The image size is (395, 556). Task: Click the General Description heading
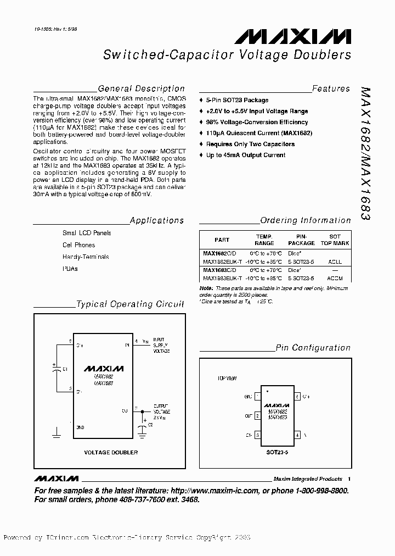141,88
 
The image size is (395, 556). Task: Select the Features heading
331,88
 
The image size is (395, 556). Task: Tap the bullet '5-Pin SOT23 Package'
237,100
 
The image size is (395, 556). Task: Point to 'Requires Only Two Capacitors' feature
250,144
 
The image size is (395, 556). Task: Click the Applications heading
157,220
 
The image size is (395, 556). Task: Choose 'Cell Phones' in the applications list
78,245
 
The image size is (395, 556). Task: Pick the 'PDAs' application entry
70,269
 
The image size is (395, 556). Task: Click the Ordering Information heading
306,220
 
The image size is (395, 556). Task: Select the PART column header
222,240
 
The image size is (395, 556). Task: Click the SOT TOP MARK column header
335,240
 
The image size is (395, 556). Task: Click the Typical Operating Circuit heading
130,304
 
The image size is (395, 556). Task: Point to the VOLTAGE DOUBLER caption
110,452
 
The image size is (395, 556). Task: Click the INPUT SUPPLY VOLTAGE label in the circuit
161,345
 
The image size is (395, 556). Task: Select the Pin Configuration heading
313,348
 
